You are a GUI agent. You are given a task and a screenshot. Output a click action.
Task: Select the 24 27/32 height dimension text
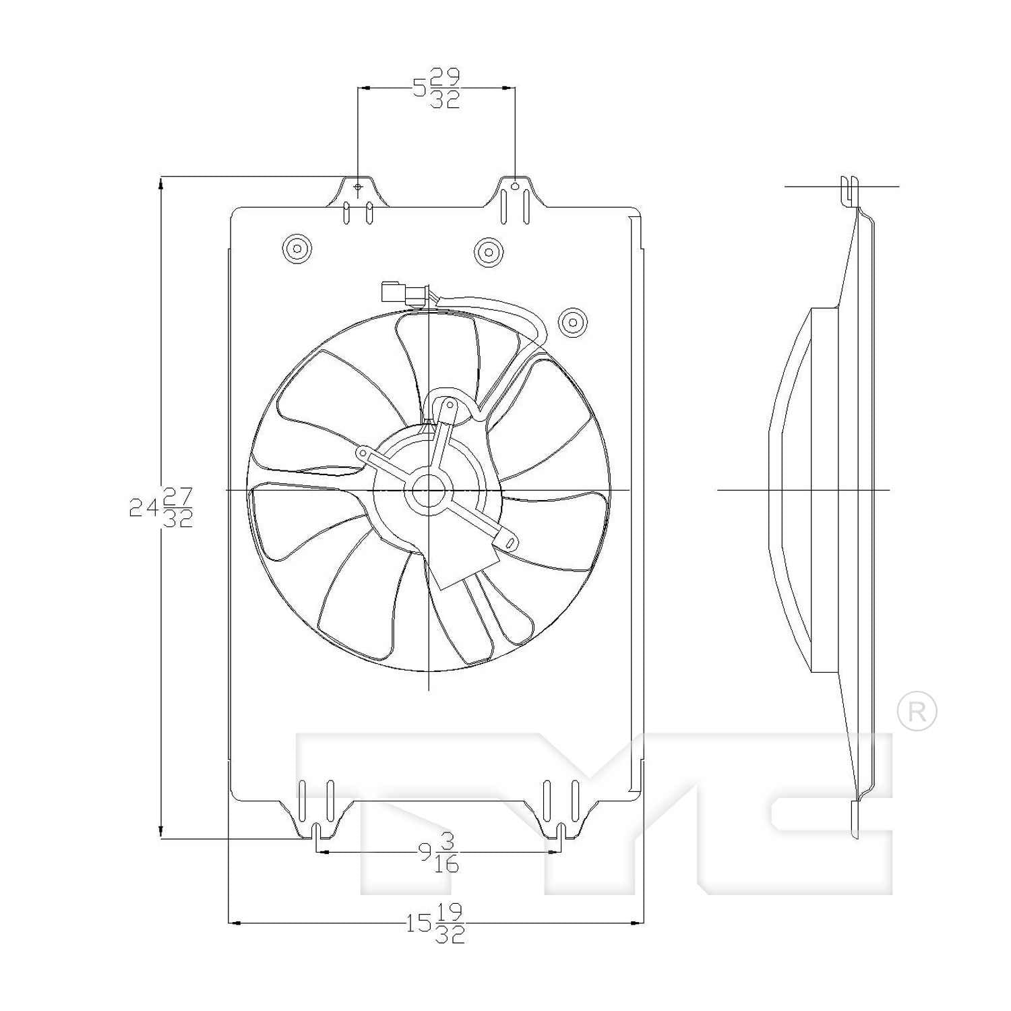(162, 507)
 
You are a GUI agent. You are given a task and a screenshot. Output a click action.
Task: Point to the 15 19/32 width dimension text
(435, 923)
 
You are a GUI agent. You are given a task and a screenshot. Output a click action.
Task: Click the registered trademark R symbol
(917, 711)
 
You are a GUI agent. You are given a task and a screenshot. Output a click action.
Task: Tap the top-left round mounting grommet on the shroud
(297, 249)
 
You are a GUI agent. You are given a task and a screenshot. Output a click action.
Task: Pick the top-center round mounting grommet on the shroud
(489, 252)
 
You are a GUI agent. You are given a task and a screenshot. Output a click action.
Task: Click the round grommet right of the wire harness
(573, 322)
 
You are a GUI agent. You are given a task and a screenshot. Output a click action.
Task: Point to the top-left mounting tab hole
(358, 186)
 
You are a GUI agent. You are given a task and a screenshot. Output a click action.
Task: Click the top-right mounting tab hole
(515, 185)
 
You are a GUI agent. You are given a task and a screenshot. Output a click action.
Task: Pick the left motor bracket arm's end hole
(363, 454)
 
